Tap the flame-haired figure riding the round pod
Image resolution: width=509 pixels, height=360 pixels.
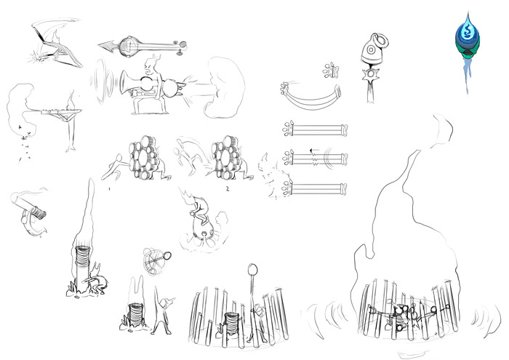click(199, 217)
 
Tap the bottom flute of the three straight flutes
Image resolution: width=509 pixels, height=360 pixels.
click(313, 189)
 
